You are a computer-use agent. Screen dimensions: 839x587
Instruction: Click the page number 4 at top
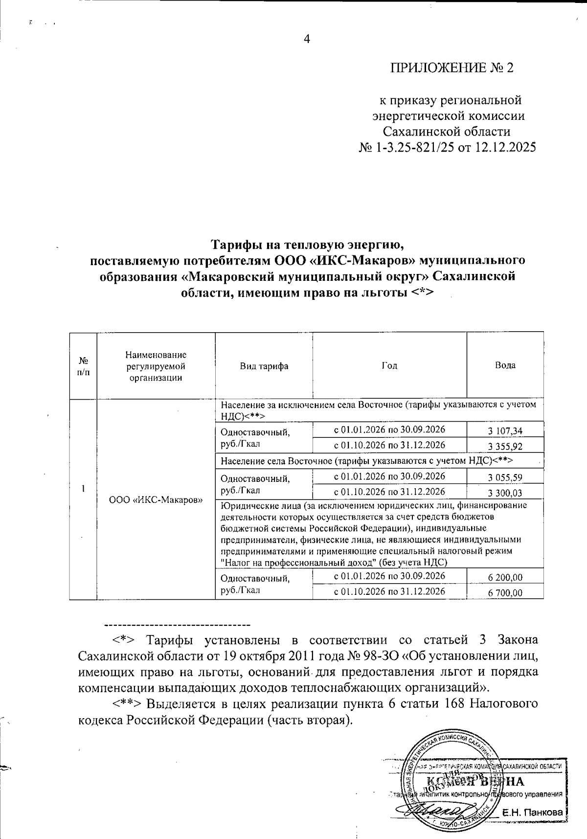coord(307,40)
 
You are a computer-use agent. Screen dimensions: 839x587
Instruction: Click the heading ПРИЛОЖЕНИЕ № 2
coord(452,68)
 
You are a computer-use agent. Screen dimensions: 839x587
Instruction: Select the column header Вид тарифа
coord(264,366)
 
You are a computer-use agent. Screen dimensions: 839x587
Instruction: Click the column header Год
coord(389,365)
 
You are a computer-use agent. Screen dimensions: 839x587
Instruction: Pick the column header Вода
coord(505,365)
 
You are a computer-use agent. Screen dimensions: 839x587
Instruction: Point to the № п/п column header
coord(84,366)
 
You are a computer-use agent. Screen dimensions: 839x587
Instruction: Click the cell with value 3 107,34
coord(505,431)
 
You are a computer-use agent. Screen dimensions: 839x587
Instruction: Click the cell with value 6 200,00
coord(505,577)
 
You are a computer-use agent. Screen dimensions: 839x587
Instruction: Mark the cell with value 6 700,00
coord(505,593)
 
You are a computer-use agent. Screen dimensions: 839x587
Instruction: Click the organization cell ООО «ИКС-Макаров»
coord(156,500)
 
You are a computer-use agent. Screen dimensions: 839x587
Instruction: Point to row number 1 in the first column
coord(84,488)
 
